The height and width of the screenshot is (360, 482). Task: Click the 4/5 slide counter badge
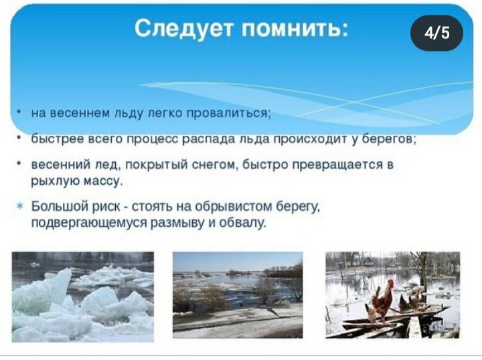pos(436,33)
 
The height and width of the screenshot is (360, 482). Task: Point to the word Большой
pos(60,206)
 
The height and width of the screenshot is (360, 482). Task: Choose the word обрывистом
pos(233,206)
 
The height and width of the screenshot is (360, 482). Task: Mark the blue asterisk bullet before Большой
pos(19,206)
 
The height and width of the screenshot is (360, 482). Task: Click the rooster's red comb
pos(390,282)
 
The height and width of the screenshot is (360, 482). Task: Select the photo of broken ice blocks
pos(83,296)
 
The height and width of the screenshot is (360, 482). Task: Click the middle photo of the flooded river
pos(238,295)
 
